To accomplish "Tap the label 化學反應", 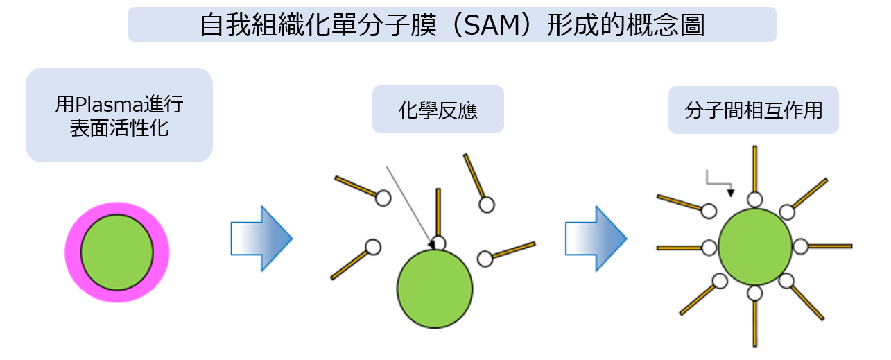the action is (438, 110).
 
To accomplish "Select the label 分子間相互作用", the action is (754, 110).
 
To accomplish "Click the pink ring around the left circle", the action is (72, 252).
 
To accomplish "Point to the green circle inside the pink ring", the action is (117, 252).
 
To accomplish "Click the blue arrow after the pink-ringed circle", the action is (261, 239).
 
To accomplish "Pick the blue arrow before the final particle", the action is (596, 239).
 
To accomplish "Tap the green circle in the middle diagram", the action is (435, 289).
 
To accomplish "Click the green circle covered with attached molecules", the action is (755, 247).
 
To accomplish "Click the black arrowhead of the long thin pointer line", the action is (431, 245).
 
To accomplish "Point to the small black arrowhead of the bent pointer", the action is (731, 194).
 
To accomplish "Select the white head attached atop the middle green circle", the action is (438, 243).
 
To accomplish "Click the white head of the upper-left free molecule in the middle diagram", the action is (383, 198).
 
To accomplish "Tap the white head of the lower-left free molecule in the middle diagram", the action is (373, 247).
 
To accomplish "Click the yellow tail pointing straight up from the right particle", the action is (754, 169).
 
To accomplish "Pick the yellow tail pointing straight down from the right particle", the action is (754, 324).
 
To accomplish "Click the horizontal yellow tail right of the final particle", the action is (830, 247).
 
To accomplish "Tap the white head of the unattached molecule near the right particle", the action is (709, 212).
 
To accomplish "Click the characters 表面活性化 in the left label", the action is (119, 128).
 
